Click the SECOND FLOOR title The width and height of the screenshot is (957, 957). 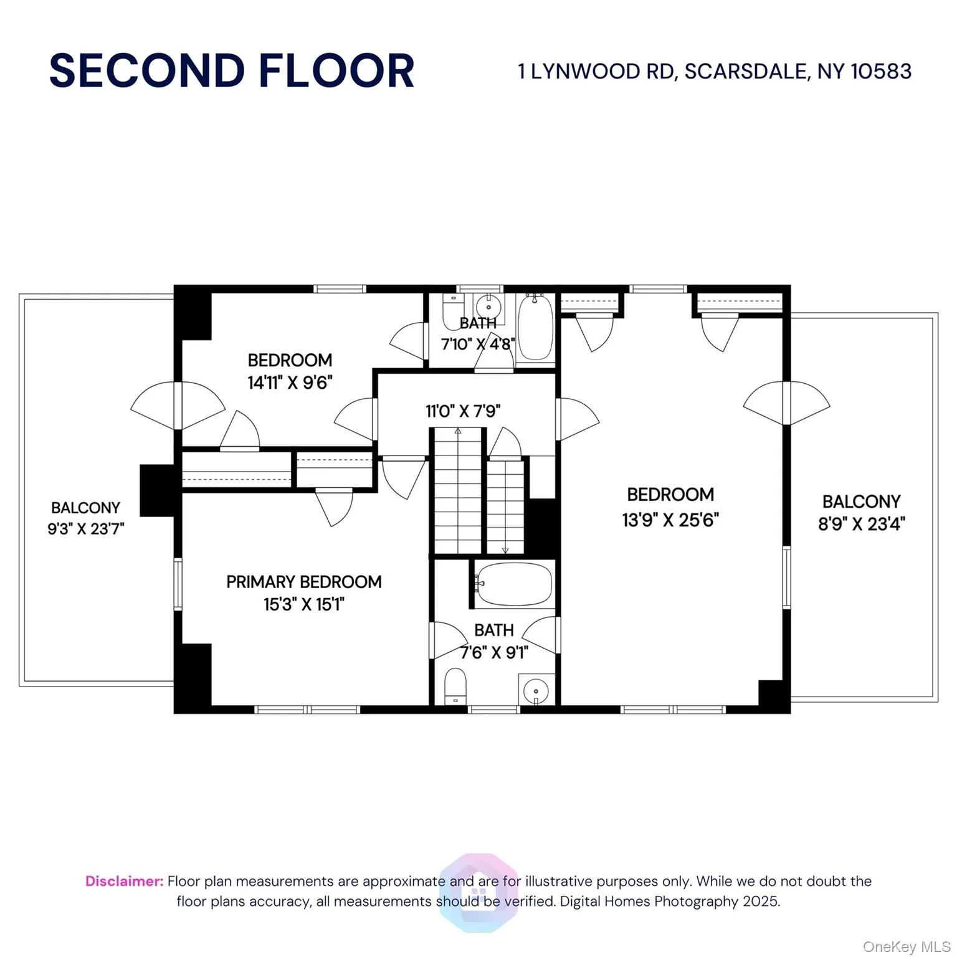pos(232,70)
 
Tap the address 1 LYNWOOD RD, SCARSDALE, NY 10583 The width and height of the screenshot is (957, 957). pos(715,72)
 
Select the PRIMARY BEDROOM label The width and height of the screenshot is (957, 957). pos(303,582)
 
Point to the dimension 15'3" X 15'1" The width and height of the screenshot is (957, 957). pos(303,604)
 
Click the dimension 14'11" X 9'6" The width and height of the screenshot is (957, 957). pos(290,383)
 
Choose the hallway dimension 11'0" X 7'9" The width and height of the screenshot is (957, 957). pos(463,411)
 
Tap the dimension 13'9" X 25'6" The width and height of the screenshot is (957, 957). pos(670,520)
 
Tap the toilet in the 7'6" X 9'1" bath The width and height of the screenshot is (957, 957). pos(455,687)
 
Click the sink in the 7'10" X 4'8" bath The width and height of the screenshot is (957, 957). pos(488,307)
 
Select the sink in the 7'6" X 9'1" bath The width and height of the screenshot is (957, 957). pos(536,690)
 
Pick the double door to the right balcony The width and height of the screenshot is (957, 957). pos(786,403)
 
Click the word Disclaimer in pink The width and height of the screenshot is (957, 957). pos(124,881)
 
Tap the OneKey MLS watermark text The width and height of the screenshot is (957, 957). pos(906,947)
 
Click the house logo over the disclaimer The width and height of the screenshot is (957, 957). pos(478,892)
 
